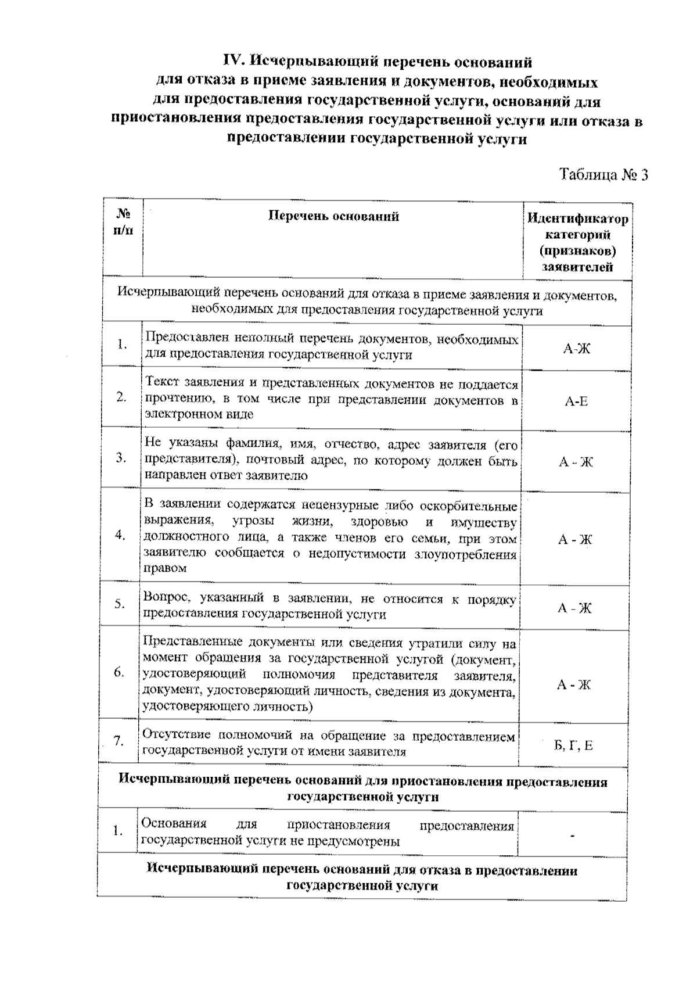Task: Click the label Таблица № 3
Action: pos(603,175)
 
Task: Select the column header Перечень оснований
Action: pos(333,217)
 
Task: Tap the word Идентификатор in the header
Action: pos(577,219)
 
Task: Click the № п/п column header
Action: pos(123,222)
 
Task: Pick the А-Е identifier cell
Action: pos(576,401)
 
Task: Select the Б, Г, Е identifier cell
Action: pos(573,745)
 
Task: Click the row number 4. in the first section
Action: pos(120,535)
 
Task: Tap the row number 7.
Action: pos(118,741)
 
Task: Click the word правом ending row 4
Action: pos(164,568)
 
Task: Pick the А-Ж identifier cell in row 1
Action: pos(576,349)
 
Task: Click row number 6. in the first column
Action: pos(119,673)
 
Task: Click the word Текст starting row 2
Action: pos(162,383)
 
